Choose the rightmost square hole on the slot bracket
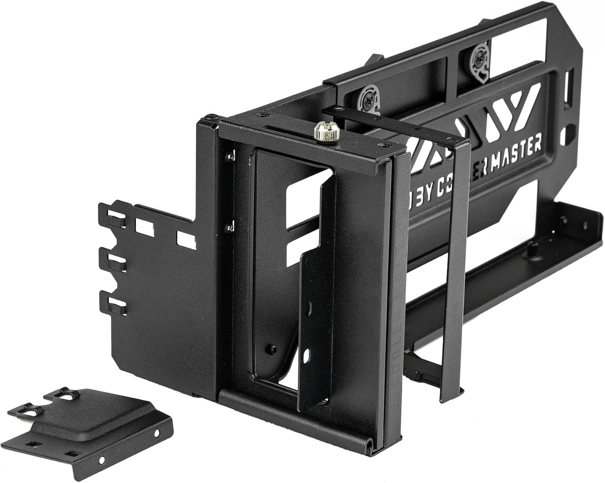point(185,238)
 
